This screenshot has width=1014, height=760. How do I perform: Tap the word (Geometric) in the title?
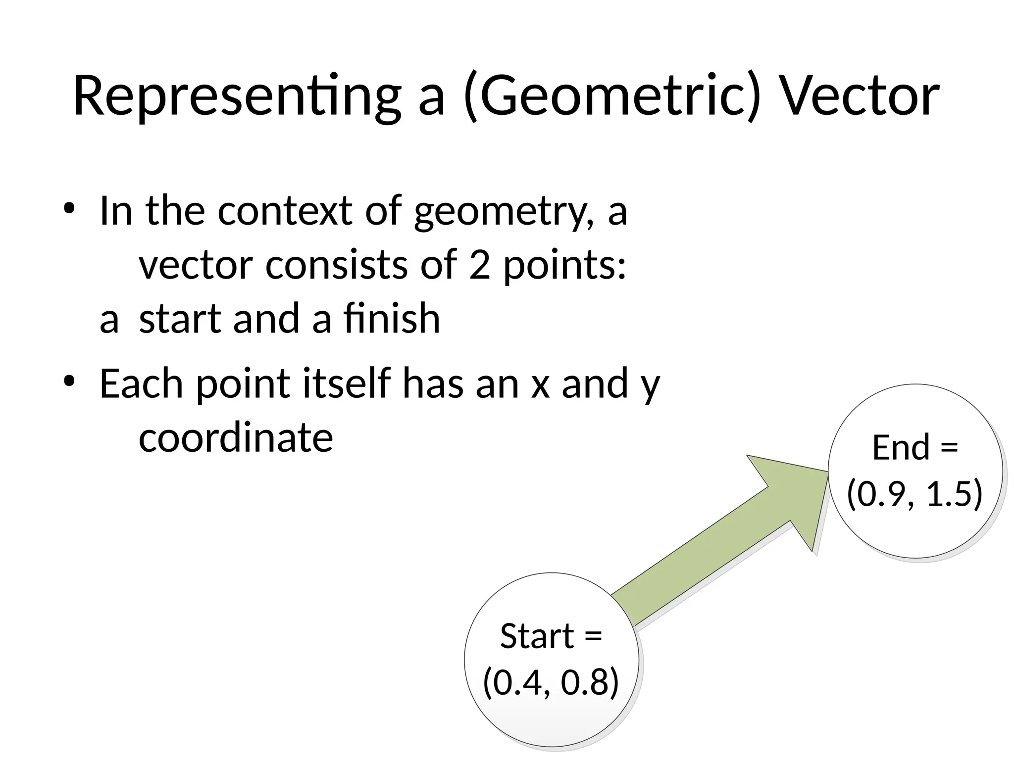[612, 96]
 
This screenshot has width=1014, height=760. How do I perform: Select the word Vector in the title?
[859, 96]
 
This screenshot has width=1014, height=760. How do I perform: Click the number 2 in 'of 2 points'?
[479, 265]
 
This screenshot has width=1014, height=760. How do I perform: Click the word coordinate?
[236, 438]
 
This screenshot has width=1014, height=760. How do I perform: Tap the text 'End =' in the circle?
[915, 448]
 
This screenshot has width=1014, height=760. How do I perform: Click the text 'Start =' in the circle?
[551, 636]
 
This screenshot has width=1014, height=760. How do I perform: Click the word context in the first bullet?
[285, 212]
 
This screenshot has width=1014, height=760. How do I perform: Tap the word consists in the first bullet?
[337, 265]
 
